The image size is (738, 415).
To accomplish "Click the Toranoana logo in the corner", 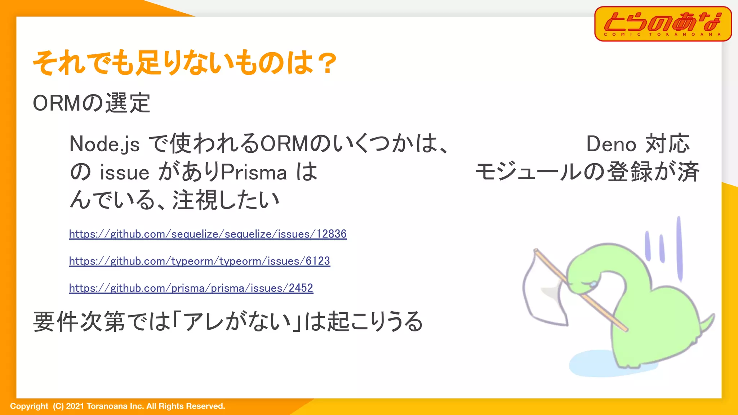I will pyautogui.click(x=663, y=24).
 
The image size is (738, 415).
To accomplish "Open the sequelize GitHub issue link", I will pyautogui.click(x=208, y=234).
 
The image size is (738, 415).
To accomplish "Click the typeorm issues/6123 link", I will pyautogui.click(x=199, y=261).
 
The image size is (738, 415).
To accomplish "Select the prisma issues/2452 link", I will pyautogui.click(x=191, y=288).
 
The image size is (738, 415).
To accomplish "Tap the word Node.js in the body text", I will pyautogui.click(x=105, y=144).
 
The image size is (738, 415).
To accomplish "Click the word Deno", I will pyautogui.click(x=611, y=144).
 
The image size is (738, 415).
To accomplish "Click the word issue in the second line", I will pyautogui.click(x=124, y=173).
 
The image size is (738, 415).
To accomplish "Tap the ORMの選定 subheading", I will pyautogui.click(x=92, y=103).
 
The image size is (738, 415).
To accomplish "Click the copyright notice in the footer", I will pyautogui.click(x=117, y=406).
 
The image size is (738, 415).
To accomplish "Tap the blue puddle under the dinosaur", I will pyautogui.click(x=595, y=364).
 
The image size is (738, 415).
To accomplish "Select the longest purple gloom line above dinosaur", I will pyautogui.click(x=679, y=249).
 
